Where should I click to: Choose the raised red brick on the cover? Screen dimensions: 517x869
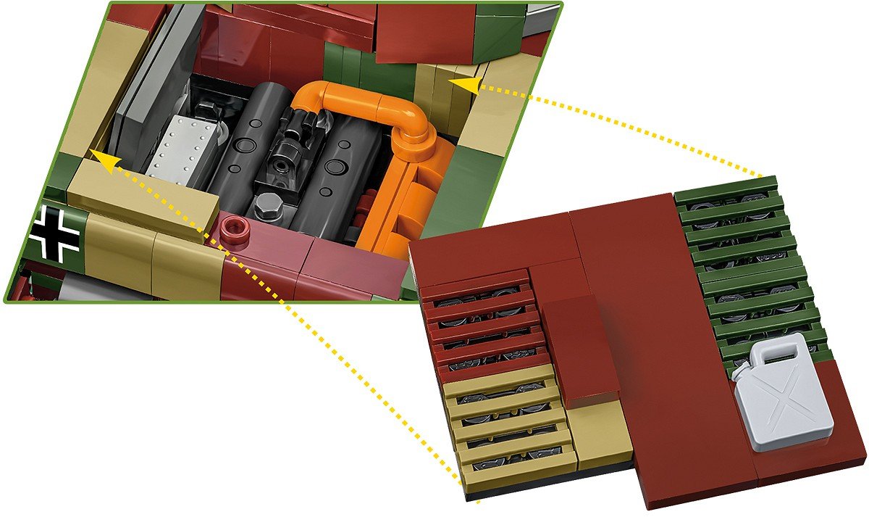click(579, 348)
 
